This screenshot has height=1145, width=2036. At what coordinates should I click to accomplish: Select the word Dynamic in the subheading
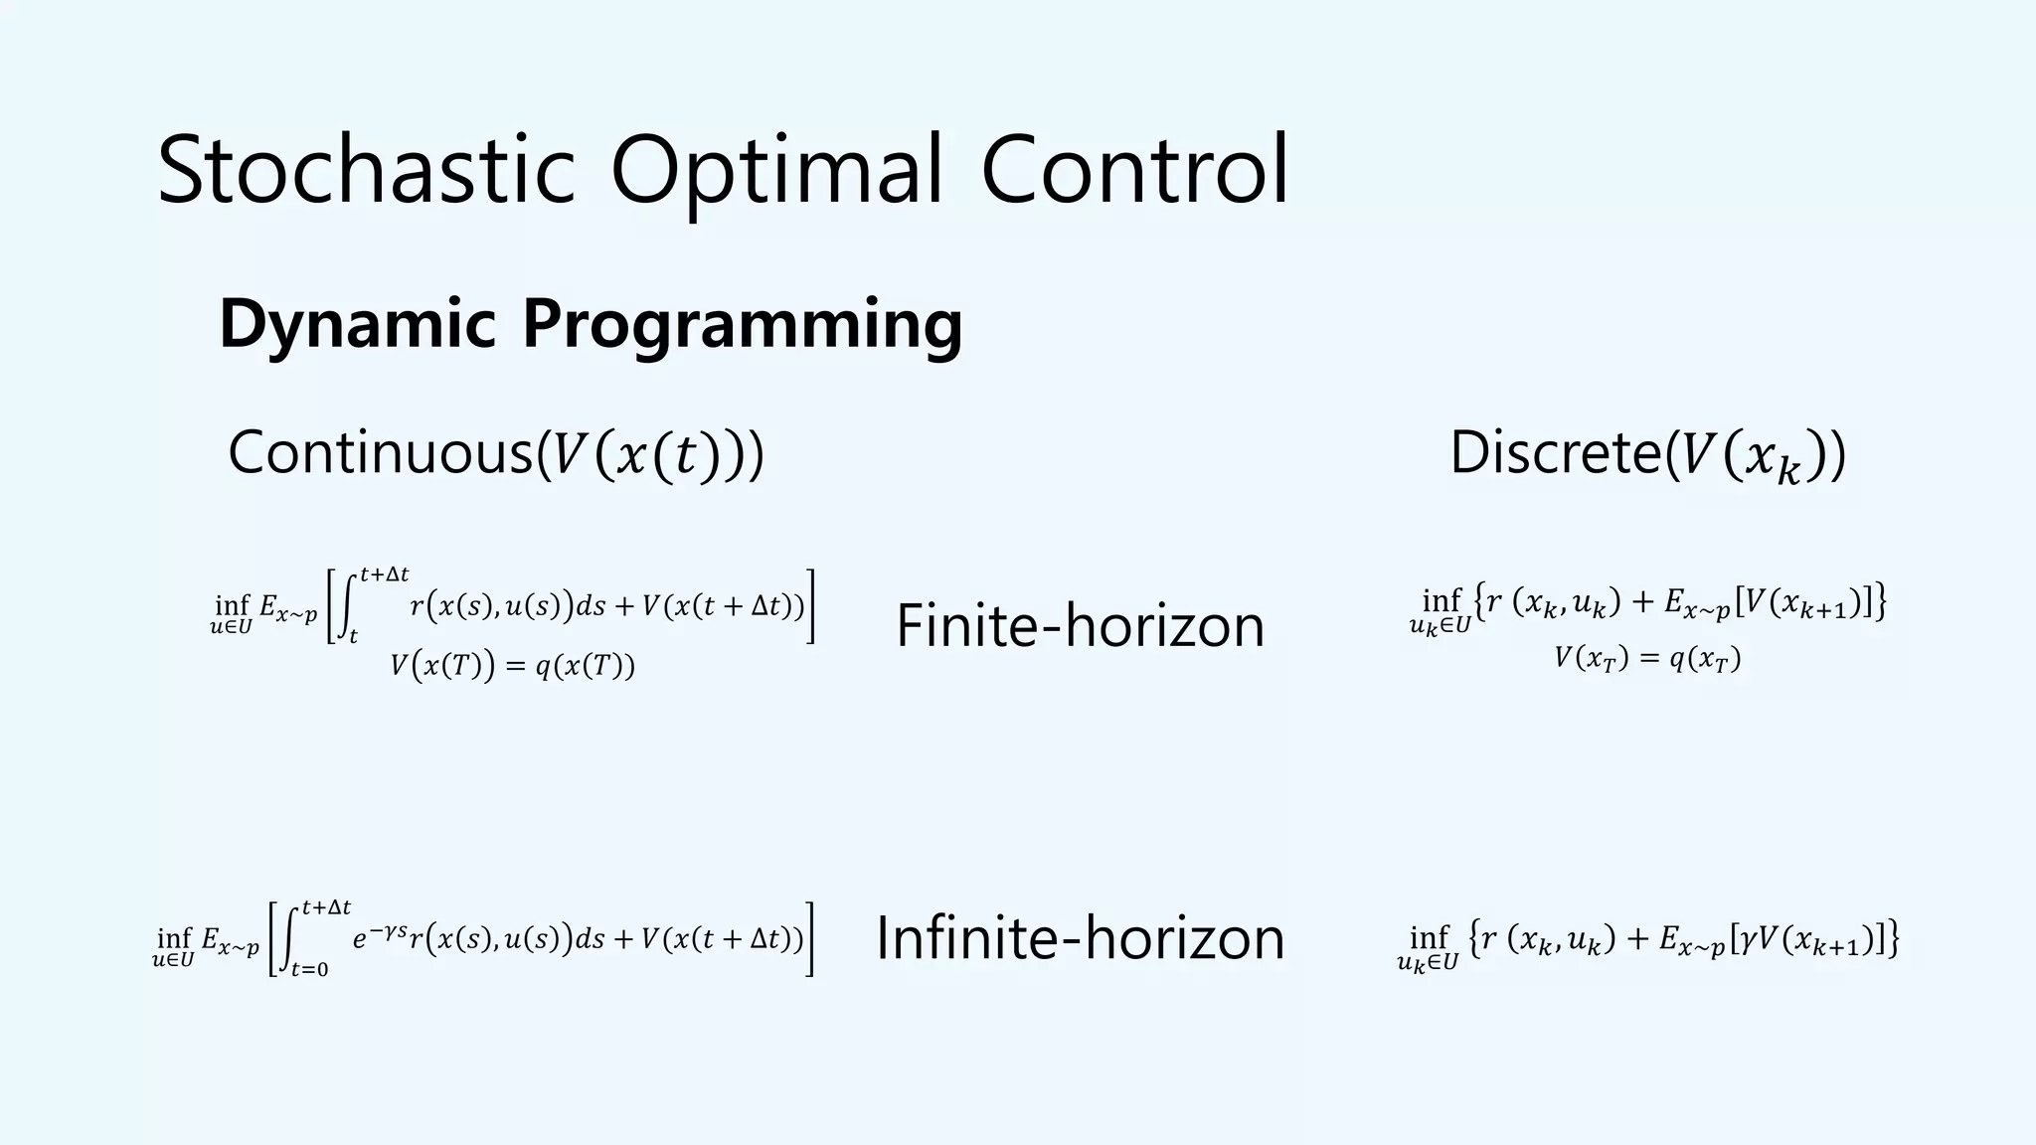[x=357, y=324]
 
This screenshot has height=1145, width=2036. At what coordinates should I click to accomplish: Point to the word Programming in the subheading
[x=742, y=324]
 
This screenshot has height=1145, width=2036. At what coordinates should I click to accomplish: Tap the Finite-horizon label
[x=1080, y=625]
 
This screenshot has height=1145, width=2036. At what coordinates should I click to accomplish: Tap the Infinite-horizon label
[x=1080, y=938]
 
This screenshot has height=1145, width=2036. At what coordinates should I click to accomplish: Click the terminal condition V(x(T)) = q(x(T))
[x=512, y=666]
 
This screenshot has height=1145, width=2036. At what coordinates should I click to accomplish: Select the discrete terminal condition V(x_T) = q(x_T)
[x=1647, y=659]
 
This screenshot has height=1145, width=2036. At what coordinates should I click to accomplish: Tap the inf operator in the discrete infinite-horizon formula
[x=1429, y=937]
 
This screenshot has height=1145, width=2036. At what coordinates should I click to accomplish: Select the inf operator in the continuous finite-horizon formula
[x=232, y=605]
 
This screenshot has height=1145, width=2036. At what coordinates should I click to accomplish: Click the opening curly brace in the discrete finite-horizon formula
[x=1479, y=600]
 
